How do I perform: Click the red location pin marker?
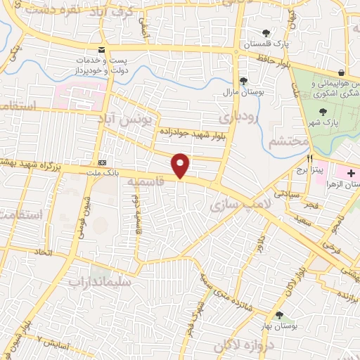181,165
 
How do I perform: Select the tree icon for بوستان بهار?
280,316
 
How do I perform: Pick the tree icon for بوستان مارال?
243,82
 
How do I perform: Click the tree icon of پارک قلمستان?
266,33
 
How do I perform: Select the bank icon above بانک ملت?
103,162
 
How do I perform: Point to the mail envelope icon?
103,50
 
